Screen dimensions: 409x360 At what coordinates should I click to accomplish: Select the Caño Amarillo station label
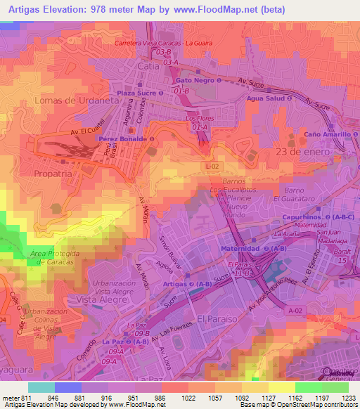(330, 134)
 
